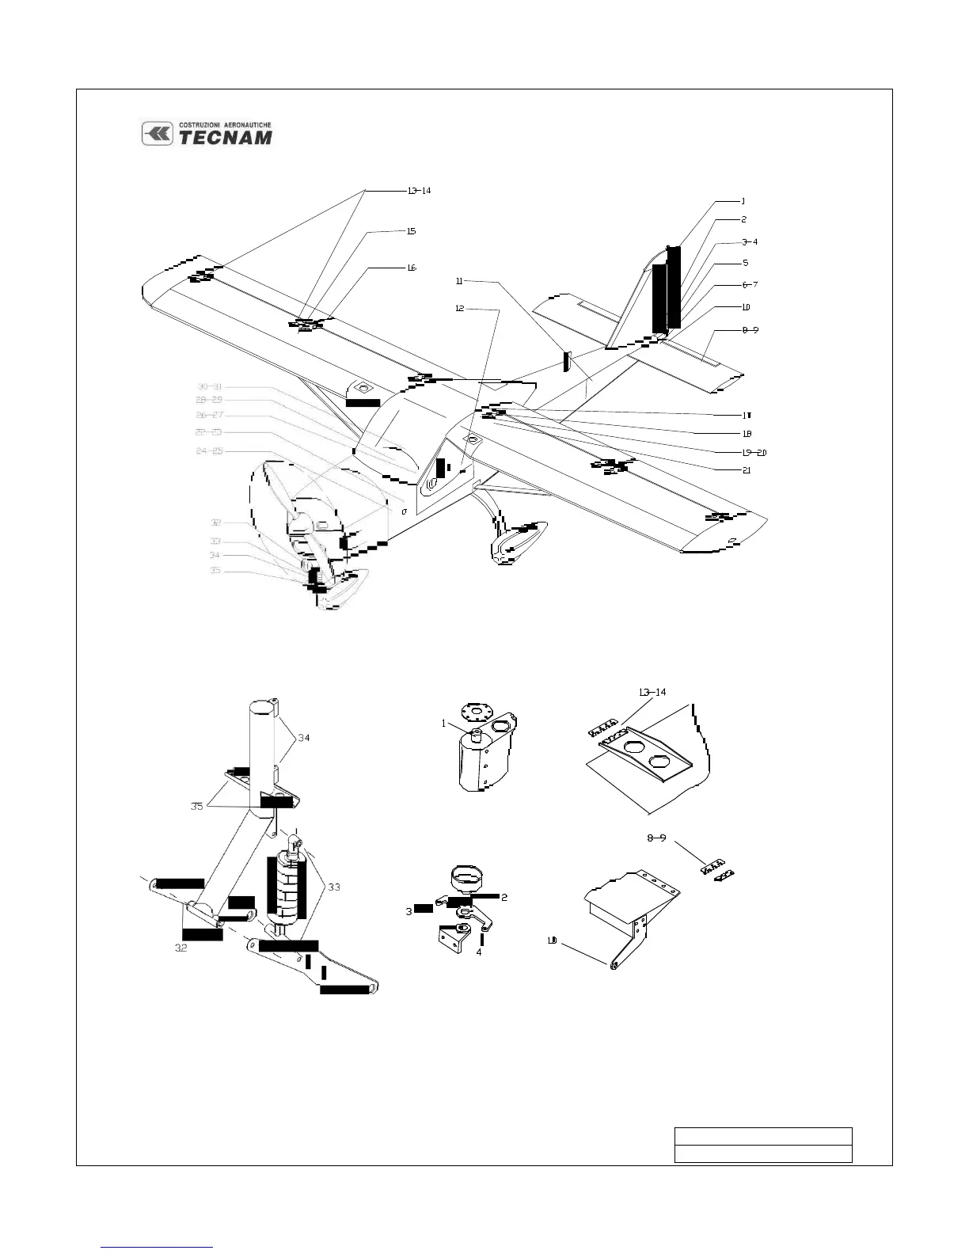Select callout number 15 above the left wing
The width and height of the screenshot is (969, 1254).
coord(411,231)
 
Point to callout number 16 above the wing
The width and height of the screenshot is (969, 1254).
coord(412,268)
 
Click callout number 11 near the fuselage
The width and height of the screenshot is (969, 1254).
coord(459,281)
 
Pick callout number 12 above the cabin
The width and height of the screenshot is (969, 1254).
coord(459,309)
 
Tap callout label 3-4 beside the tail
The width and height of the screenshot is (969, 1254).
coord(750,242)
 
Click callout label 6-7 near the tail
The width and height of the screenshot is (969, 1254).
coord(750,284)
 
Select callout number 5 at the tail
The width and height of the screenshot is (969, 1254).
coord(745,263)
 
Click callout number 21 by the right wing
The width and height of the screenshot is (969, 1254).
coord(746,470)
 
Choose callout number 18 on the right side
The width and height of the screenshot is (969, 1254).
coord(746,434)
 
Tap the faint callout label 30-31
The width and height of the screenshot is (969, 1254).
coord(210,386)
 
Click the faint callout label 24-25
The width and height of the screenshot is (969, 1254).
coord(210,451)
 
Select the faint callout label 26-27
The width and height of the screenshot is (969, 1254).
coord(210,415)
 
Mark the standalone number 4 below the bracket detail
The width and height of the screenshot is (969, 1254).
coord(479,952)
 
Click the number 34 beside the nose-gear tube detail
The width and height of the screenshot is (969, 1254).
coord(303,738)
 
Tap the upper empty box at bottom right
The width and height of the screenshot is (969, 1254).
coord(762,1136)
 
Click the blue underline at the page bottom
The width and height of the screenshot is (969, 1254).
coord(158,1247)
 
